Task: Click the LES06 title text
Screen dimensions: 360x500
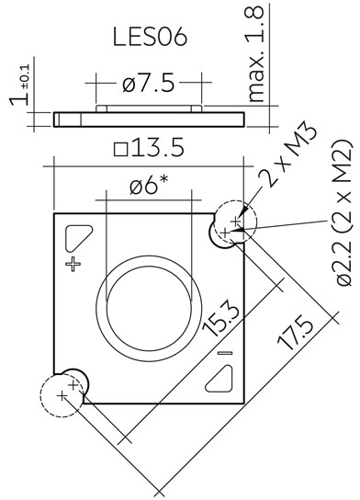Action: click(x=150, y=37)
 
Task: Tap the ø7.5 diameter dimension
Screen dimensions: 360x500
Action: click(x=149, y=84)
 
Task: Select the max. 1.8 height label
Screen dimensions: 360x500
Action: click(x=255, y=54)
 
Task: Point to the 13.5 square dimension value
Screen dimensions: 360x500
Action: click(x=158, y=148)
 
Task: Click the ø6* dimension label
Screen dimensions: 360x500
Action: click(x=149, y=185)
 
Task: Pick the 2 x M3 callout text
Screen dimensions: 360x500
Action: click(x=288, y=153)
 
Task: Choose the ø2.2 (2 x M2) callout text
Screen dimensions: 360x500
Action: click(x=344, y=212)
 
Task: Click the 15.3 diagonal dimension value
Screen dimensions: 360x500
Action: click(x=221, y=320)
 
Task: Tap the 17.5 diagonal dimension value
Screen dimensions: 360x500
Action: click(x=296, y=333)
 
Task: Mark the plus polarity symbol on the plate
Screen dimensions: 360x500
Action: click(x=73, y=264)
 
